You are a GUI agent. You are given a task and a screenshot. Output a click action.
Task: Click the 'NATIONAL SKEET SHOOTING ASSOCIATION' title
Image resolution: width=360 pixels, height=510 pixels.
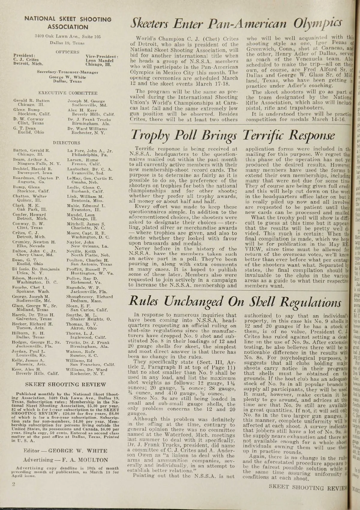[x=68, y=23]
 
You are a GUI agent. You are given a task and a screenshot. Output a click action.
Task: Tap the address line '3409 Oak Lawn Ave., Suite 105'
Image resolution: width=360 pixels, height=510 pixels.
[x=67, y=37]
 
